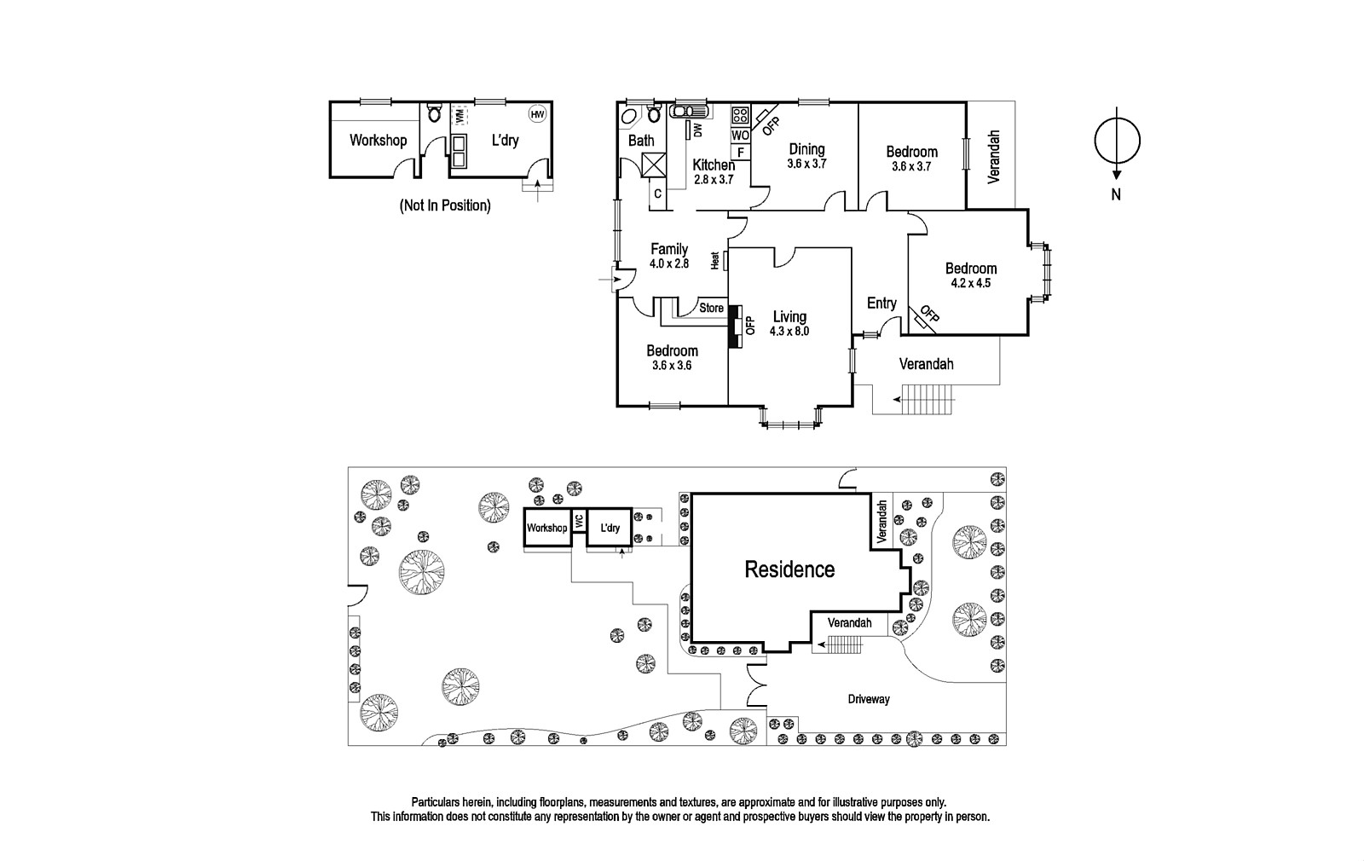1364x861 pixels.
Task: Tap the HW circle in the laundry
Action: [x=537, y=114]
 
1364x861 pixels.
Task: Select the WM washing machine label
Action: [x=459, y=114]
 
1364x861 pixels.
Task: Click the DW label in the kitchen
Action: [x=698, y=130]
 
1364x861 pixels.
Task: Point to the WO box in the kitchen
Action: [x=741, y=136]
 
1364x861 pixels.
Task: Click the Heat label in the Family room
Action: [x=715, y=261]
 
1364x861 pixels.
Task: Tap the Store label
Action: [x=711, y=308]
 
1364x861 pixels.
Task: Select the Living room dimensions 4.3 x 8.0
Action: [x=789, y=332]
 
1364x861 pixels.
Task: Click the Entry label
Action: [x=881, y=303]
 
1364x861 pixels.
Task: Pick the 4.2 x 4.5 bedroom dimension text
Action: [x=971, y=283]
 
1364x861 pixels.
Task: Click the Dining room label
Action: [x=806, y=149]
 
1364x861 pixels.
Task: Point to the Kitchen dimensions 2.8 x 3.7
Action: [x=713, y=180]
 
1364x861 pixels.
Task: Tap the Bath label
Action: [x=641, y=141]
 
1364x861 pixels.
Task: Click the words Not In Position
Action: [x=445, y=205]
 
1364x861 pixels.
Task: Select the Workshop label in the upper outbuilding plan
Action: [x=379, y=141]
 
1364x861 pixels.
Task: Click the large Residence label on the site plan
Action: [x=789, y=569]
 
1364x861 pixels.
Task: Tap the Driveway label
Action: [x=869, y=700]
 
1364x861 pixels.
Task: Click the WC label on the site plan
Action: [x=579, y=521]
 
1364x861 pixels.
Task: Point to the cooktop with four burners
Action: [x=741, y=115]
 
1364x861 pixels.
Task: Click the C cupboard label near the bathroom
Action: [x=657, y=194]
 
